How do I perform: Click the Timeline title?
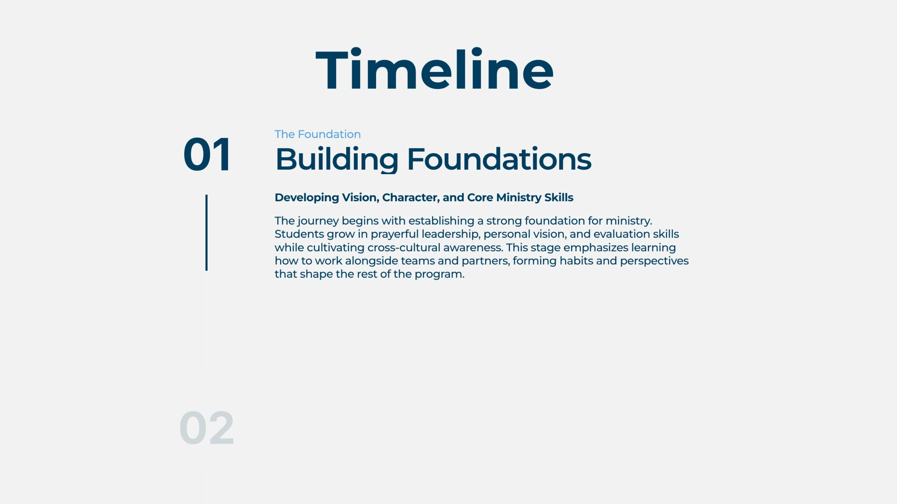[x=434, y=70]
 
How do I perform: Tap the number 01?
[x=207, y=154]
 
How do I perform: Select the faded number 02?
[x=207, y=428]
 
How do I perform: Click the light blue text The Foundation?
[x=318, y=134]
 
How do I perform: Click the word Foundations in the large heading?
[x=499, y=159]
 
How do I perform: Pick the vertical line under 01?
[x=207, y=232]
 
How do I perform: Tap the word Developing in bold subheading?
[x=307, y=198]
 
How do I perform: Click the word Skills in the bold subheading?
[x=559, y=198]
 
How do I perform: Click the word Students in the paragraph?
[x=299, y=234]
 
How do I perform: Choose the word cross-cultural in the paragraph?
[x=404, y=248]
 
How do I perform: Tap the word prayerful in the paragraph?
[x=394, y=234]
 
